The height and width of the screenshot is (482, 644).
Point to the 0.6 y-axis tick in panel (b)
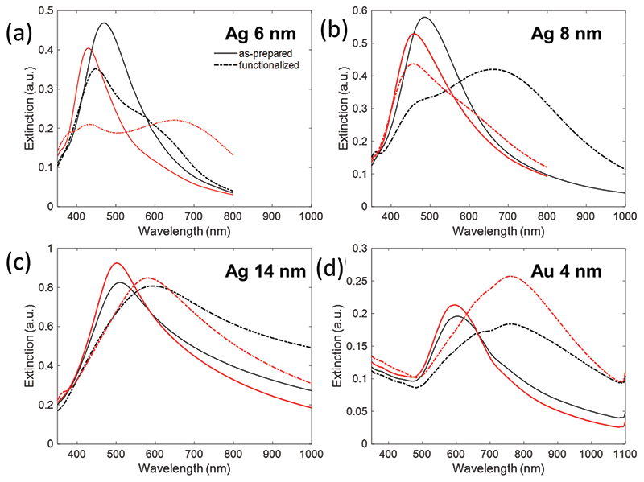click(356, 10)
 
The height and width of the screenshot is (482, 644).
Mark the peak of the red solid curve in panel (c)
click(117, 263)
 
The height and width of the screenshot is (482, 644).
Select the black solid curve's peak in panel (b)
click(424, 18)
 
